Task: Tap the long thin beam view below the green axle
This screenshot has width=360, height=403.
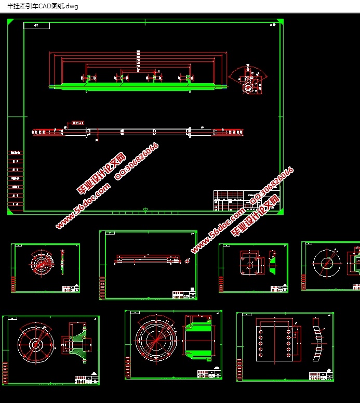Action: (x=138, y=132)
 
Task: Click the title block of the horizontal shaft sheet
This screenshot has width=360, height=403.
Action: (x=183, y=295)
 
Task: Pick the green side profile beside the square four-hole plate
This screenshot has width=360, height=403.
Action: (x=273, y=264)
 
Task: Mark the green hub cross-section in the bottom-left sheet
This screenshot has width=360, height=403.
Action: (x=76, y=344)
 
